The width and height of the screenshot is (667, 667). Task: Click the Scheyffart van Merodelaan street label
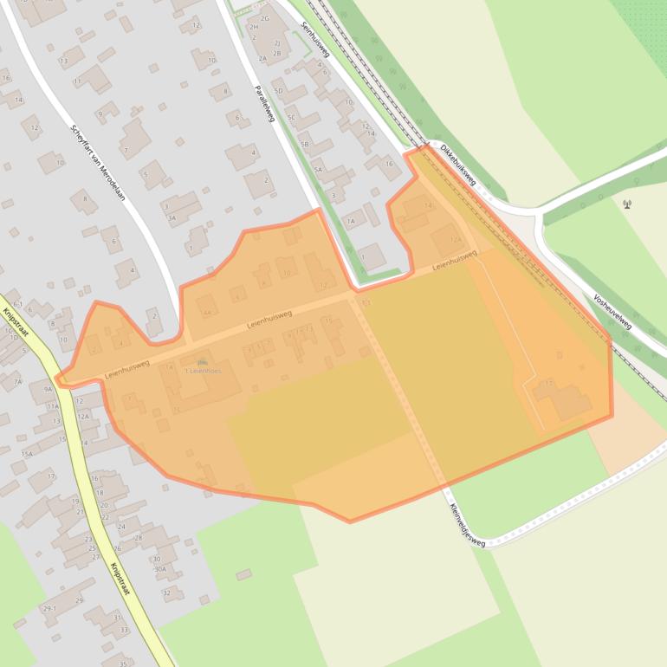(x=98, y=163)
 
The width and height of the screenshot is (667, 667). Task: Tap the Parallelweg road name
(x=264, y=103)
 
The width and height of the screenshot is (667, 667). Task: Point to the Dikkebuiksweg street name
(x=457, y=164)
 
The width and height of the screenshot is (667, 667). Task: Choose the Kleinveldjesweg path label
(x=466, y=523)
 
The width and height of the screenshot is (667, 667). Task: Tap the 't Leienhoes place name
(x=203, y=371)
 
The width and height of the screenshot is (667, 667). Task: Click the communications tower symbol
(x=626, y=204)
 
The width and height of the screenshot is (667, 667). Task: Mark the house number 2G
(x=265, y=18)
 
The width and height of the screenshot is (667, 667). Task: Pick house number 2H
(x=254, y=27)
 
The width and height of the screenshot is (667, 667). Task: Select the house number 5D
(x=278, y=90)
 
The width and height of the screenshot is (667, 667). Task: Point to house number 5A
(x=317, y=170)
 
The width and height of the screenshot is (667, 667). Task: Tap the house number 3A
(x=172, y=219)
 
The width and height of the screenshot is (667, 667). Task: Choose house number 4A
(x=206, y=312)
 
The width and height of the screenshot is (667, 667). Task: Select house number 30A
(x=159, y=569)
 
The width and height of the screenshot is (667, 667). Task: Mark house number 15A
(x=27, y=454)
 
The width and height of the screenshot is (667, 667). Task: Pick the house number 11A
(x=53, y=405)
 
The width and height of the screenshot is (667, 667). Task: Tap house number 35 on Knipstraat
(x=123, y=664)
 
